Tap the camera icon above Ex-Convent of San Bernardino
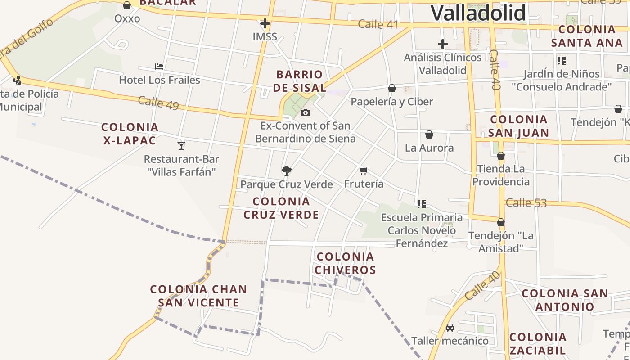tap(306, 112)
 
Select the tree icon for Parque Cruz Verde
tap(286, 171)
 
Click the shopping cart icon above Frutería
tap(364, 171)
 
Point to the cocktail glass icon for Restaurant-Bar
tap(181, 145)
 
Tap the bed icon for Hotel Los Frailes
tap(159, 67)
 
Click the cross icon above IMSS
tap(265, 23)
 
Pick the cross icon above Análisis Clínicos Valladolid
tap(443, 44)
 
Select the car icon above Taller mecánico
tap(450, 327)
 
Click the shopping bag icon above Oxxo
tap(127, 5)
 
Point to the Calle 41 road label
tap(378, 24)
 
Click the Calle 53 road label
tap(526, 202)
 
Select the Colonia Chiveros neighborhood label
tap(345, 263)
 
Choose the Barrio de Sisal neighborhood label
tap(300, 81)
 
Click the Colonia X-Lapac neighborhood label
tap(130, 134)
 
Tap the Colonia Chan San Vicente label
tap(198, 296)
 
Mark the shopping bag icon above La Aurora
tap(429, 135)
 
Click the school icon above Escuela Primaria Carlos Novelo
tap(421, 204)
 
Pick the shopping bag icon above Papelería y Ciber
tap(392, 88)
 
